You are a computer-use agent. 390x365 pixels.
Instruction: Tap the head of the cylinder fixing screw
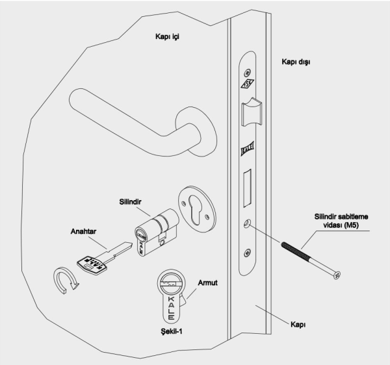pyautogui.click(x=336, y=274)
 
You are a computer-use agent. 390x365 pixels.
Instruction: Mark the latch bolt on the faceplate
pyautogui.click(x=251, y=114)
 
